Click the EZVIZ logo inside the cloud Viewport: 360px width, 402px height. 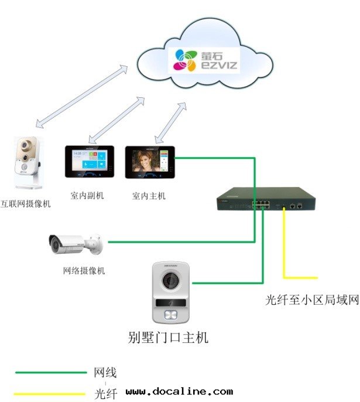point(205,60)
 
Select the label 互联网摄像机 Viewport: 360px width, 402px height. point(26,204)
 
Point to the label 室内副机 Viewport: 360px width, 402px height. point(87,196)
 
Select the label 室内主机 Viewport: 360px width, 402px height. point(149,196)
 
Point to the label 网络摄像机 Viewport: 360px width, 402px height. point(84,271)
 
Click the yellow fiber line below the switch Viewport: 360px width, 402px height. point(284,246)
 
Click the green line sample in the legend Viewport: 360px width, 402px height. point(50,372)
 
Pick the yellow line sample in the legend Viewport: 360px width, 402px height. point(50,393)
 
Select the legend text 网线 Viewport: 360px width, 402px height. point(105,373)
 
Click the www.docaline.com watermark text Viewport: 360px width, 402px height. point(179,391)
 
